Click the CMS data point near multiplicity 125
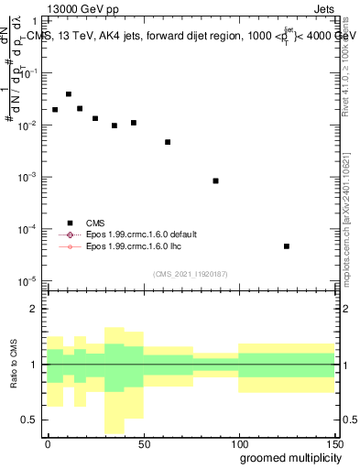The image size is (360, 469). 287,246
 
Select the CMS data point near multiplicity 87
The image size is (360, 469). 215,181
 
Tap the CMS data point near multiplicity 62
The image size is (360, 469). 168,142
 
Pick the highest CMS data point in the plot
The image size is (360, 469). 69,94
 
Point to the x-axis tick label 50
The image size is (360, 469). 144,443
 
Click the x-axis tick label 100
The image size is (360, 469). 239,443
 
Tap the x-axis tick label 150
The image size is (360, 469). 334,443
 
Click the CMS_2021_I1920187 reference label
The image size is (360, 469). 191,273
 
